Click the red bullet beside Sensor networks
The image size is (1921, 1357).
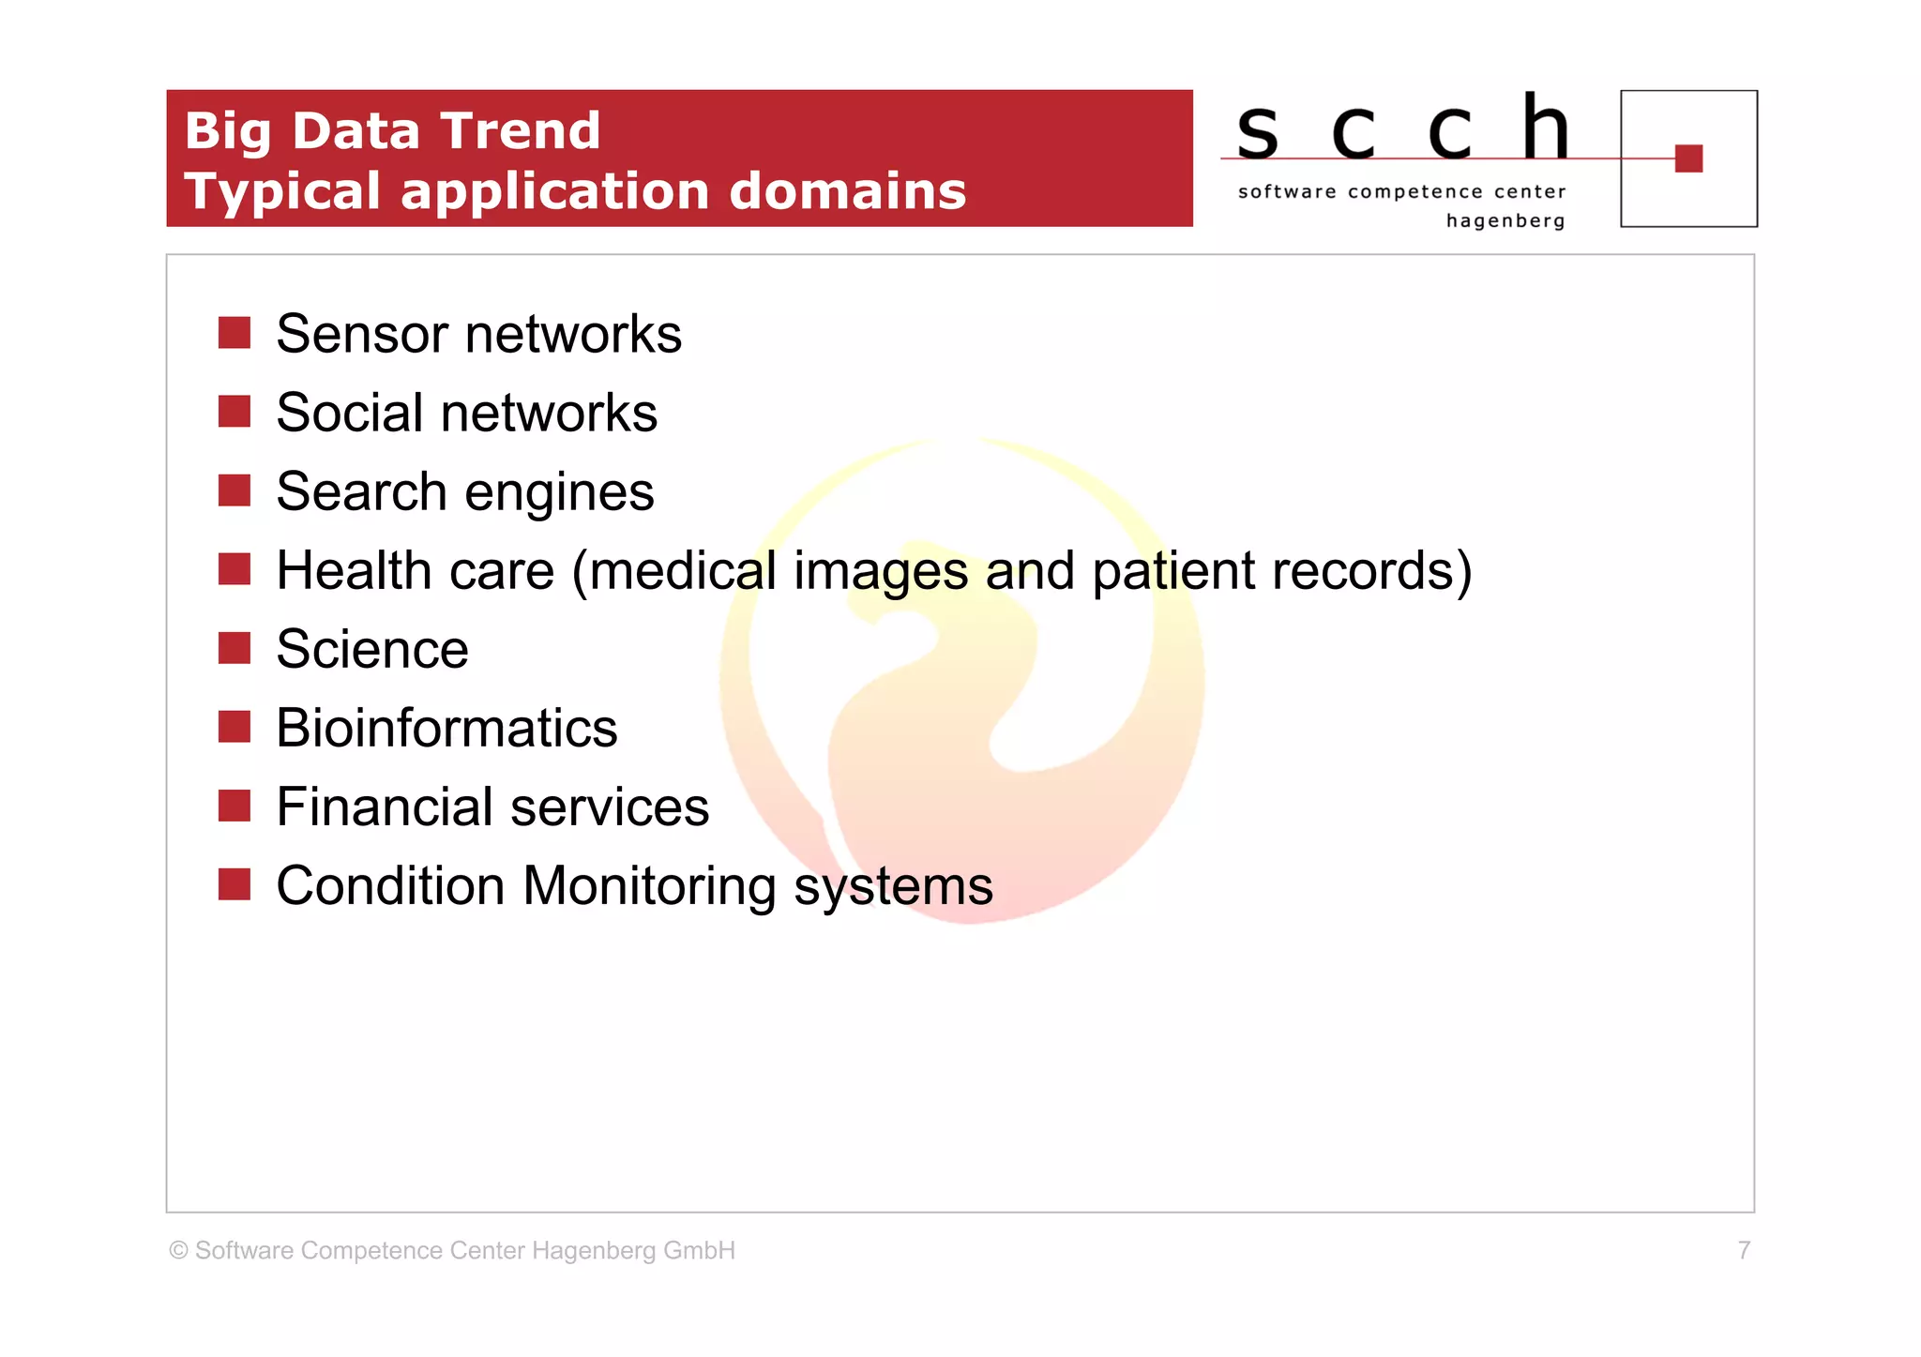[x=234, y=332]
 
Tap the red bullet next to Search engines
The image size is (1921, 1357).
[x=234, y=490]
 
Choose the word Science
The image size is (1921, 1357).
[x=372, y=649]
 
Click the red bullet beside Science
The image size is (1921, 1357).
[x=234, y=647]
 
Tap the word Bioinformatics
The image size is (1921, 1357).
[x=446, y=728]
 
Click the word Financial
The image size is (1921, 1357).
[x=385, y=807]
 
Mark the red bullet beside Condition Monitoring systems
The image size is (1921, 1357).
[x=234, y=883]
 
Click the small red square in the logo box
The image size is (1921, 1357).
[x=1687, y=158]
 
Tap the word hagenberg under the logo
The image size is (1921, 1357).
[x=1505, y=221]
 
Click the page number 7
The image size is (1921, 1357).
[x=1744, y=1250]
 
